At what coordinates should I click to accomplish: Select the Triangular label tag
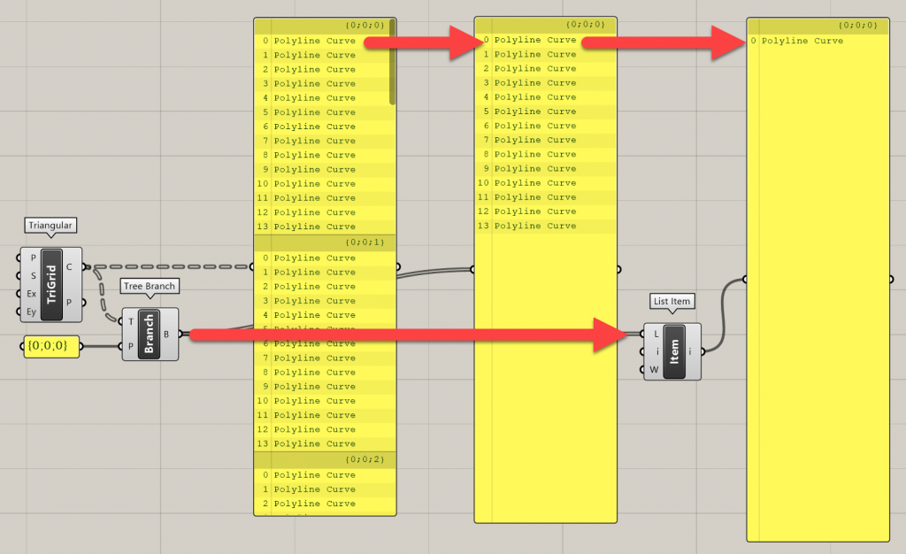pos(50,226)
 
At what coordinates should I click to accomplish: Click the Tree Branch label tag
pos(150,286)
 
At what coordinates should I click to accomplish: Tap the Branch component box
pos(150,335)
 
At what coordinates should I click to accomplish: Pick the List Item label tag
pos(671,301)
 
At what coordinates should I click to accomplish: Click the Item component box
pos(672,351)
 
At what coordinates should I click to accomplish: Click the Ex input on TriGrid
pos(32,293)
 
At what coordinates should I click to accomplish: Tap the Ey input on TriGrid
pos(32,311)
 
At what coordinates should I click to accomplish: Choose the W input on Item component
pos(655,369)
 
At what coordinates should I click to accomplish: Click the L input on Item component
pos(656,334)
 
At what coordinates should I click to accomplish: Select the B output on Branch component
pos(166,335)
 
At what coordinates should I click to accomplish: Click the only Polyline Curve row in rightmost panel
pos(802,41)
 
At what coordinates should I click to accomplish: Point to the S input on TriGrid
pos(32,275)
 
